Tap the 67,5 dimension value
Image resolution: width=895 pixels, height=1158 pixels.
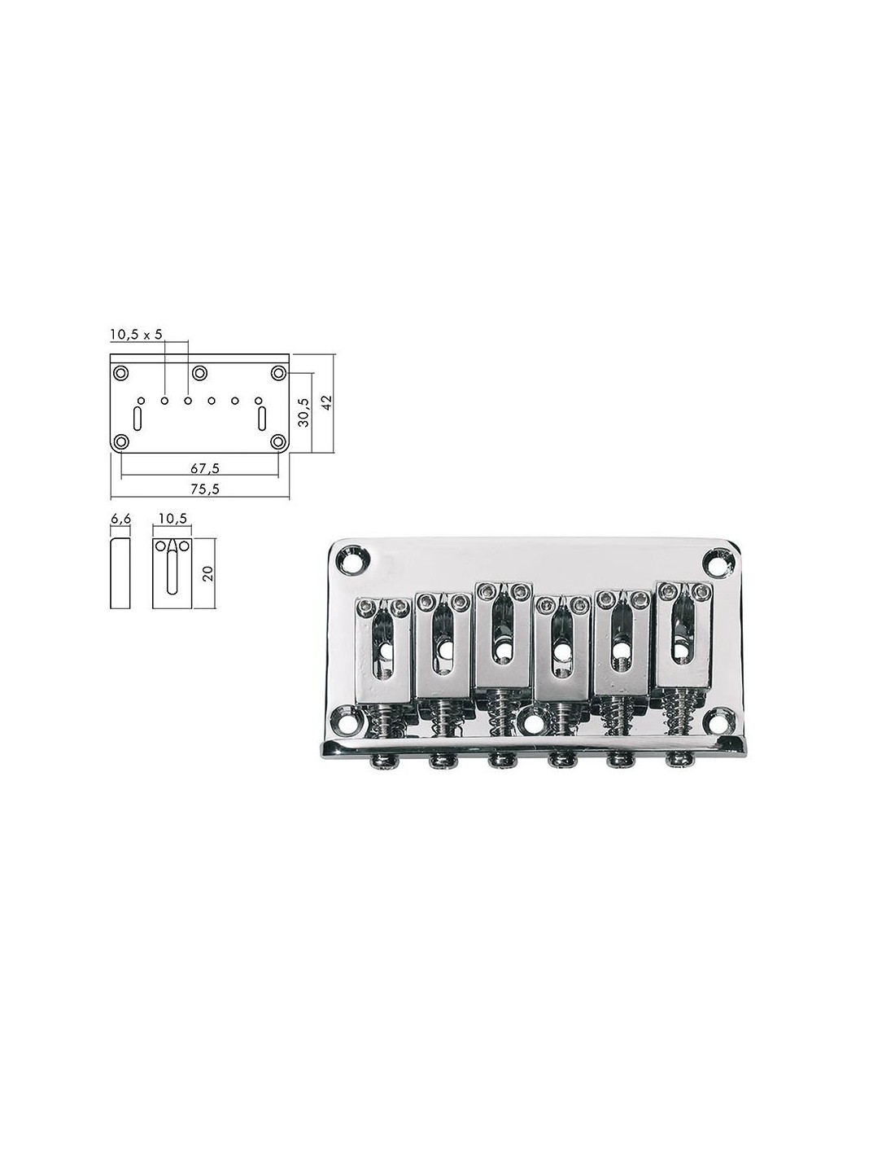pos(205,468)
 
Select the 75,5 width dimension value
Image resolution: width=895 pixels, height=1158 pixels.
pos(205,489)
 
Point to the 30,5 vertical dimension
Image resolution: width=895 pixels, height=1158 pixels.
pos(304,412)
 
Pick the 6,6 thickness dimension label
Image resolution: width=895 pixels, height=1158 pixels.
pos(120,519)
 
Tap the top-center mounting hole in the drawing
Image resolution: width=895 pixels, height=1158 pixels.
pos(199,372)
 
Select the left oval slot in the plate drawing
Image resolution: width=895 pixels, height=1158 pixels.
pos(138,419)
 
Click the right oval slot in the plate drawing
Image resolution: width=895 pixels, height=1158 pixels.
pos(261,419)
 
